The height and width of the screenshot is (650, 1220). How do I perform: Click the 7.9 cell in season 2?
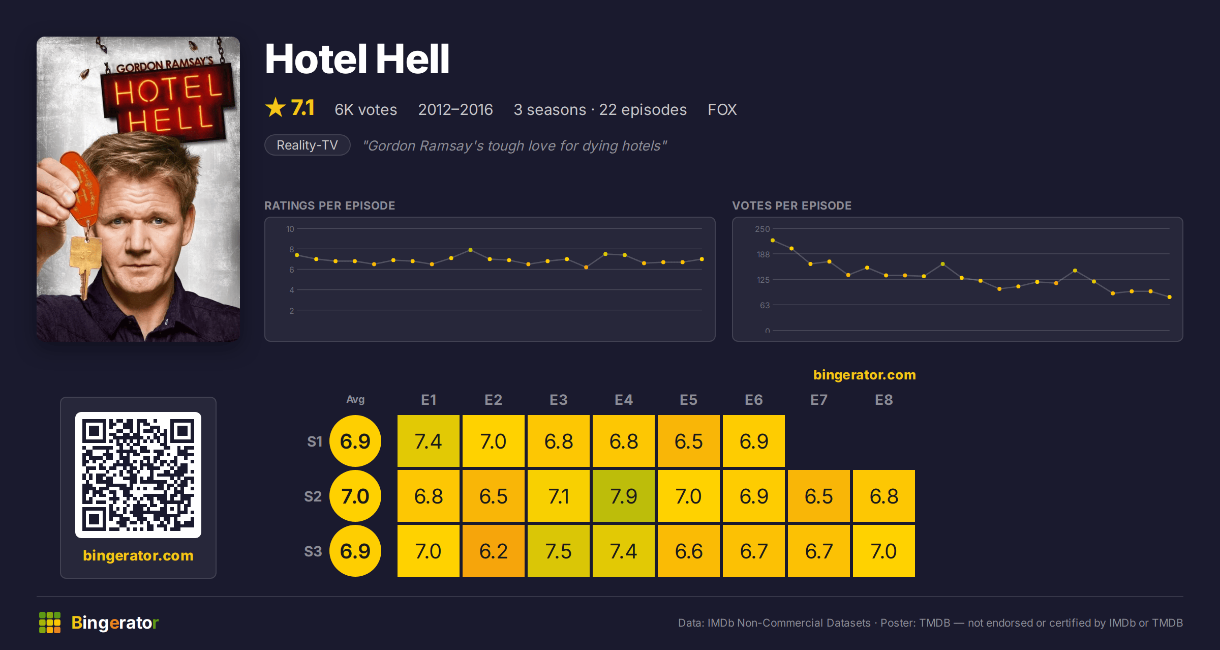pyautogui.click(x=624, y=496)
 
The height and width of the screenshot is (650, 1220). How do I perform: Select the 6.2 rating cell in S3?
pyautogui.click(x=494, y=551)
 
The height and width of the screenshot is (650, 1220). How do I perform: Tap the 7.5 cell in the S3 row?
pyautogui.click(x=559, y=551)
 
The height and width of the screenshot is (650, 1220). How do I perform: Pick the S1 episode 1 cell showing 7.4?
pyautogui.click(x=429, y=441)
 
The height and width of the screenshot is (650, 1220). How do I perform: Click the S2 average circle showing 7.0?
pyautogui.click(x=355, y=496)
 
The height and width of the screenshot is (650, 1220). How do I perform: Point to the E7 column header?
pyautogui.click(x=819, y=400)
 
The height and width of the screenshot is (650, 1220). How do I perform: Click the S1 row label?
pyautogui.click(x=315, y=441)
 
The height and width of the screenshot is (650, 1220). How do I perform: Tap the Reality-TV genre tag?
pyautogui.click(x=308, y=145)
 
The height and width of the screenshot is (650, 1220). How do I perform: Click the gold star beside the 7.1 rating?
pyautogui.click(x=276, y=107)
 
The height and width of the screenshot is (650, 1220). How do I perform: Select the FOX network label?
pyautogui.click(x=722, y=109)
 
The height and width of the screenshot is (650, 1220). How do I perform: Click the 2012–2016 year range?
pyautogui.click(x=455, y=109)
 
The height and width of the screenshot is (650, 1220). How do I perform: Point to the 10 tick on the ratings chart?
pyautogui.click(x=290, y=229)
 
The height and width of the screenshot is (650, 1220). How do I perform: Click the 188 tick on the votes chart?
pyautogui.click(x=764, y=254)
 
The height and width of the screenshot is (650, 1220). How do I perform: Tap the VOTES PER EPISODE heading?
pyautogui.click(x=791, y=205)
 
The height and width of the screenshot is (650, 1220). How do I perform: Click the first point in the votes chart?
pyautogui.click(x=773, y=240)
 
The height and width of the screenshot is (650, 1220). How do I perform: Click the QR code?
pyautogui.click(x=138, y=475)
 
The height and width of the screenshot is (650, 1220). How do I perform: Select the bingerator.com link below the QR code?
pyautogui.click(x=138, y=555)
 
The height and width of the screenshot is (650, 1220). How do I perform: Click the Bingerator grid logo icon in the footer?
pyautogui.click(x=50, y=623)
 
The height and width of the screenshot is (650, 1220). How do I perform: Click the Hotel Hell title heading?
pyautogui.click(x=357, y=59)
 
